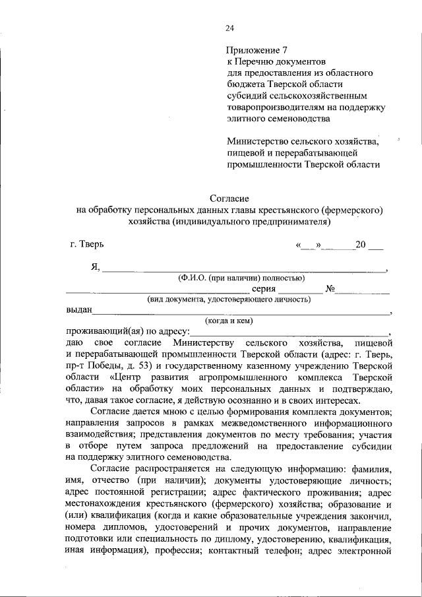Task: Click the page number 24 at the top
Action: pyautogui.click(x=229, y=28)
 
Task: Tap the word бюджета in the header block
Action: pyautogui.click(x=245, y=84)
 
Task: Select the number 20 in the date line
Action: pyautogui.click(x=360, y=245)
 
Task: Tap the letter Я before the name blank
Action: pyautogui.click(x=96, y=267)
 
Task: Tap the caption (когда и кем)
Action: pyautogui.click(x=228, y=321)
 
